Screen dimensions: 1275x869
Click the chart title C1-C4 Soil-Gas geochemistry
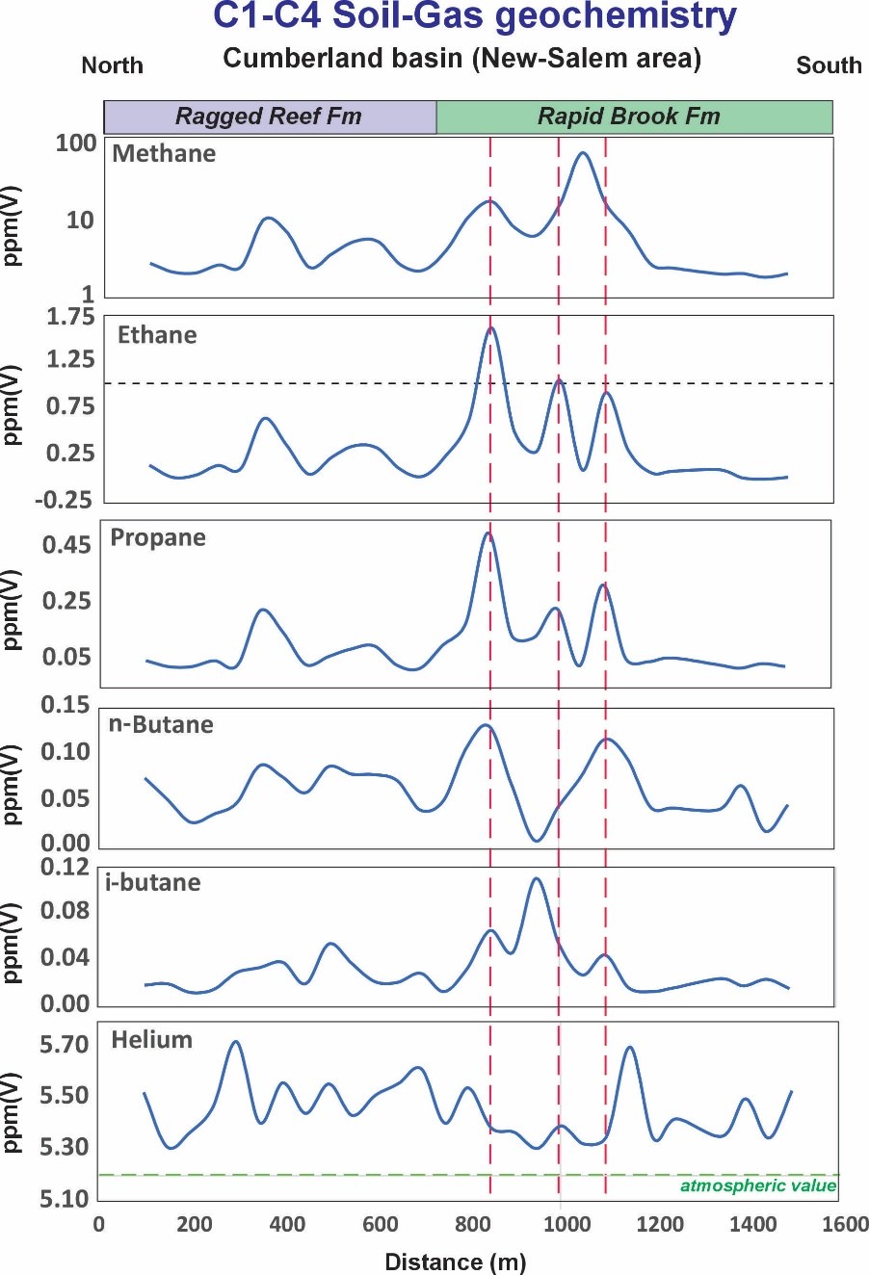(475, 17)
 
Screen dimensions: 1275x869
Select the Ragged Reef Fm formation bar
(269, 117)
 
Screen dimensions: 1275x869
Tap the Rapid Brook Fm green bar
(629, 117)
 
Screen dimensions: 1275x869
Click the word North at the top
(112, 65)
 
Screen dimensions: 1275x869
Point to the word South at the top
(829, 65)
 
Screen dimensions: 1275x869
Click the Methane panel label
(164, 154)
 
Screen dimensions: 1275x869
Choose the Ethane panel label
(157, 335)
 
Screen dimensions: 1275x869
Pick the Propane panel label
(158, 537)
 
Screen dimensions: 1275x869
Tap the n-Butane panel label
(161, 724)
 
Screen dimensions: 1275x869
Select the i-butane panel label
(153, 882)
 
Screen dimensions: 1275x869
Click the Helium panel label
(152, 1040)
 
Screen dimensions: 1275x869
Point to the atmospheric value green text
(758, 1185)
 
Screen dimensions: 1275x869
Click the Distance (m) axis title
(455, 1262)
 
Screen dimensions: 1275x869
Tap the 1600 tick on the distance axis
(845, 1224)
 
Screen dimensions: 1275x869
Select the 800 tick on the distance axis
(473, 1224)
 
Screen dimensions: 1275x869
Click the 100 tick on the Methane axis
(76, 143)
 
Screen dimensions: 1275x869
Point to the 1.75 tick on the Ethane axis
(70, 317)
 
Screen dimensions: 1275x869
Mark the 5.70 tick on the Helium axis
(64, 1045)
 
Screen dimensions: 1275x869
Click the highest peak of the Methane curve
(582, 153)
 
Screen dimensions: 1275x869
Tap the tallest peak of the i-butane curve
(537, 878)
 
